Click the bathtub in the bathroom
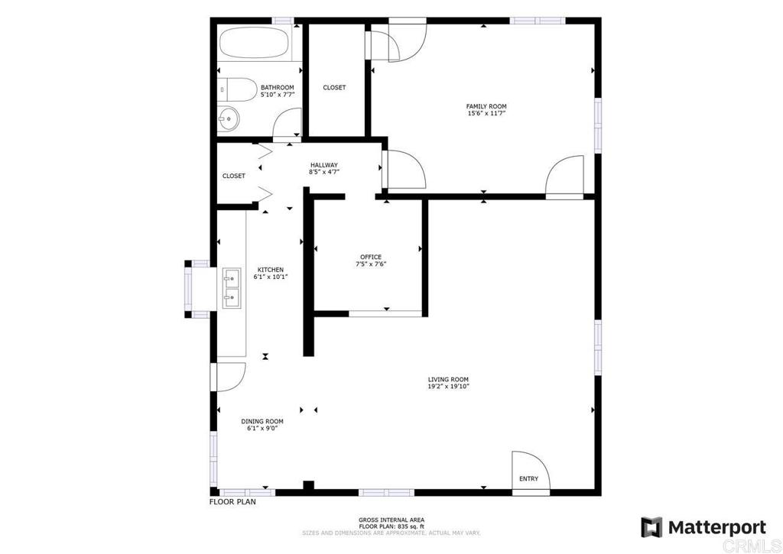(x=255, y=44)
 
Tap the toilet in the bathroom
(x=239, y=91)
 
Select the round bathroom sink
(x=228, y=118)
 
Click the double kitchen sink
(x=232, y=288)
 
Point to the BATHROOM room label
(x=277, y=88)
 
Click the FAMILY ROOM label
(x=486, y=106)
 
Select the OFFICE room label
(x=371, y=257)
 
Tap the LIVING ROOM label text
(x=448, y=380)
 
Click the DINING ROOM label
(x=262, y=421)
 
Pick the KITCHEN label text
(x=270, y=270)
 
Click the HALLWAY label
(x=324, y=165)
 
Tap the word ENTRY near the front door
(x=528, y=479)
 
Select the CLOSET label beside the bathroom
(x=334, y=88)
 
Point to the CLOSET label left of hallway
(x=234, y=176)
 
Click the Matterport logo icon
(x=651, y=527)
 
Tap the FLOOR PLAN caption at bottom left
(x=232, y=503)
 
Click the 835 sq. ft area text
(x=391, y=526)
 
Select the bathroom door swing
(x=287, y=122)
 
